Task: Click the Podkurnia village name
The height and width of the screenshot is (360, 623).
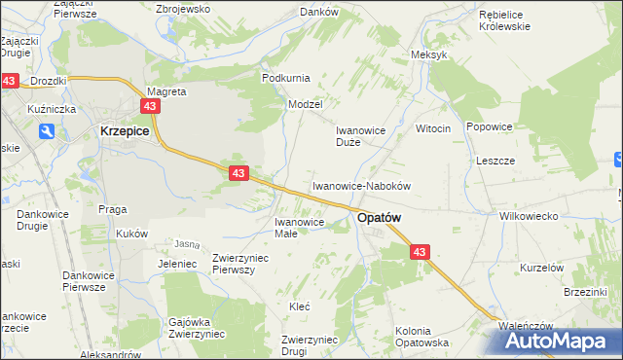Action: [285, 77]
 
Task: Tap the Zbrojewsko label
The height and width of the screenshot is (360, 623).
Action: [183, 9]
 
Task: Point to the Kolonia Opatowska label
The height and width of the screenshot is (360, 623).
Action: [421, 337]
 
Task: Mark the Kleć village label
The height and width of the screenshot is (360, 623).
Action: [299, 306]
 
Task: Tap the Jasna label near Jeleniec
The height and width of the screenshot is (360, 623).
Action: [187, 243]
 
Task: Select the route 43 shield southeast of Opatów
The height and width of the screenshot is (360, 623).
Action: [420, 252]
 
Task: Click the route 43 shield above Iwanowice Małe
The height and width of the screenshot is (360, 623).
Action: [238, 173]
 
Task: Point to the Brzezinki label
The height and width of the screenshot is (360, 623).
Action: [584, 291]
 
